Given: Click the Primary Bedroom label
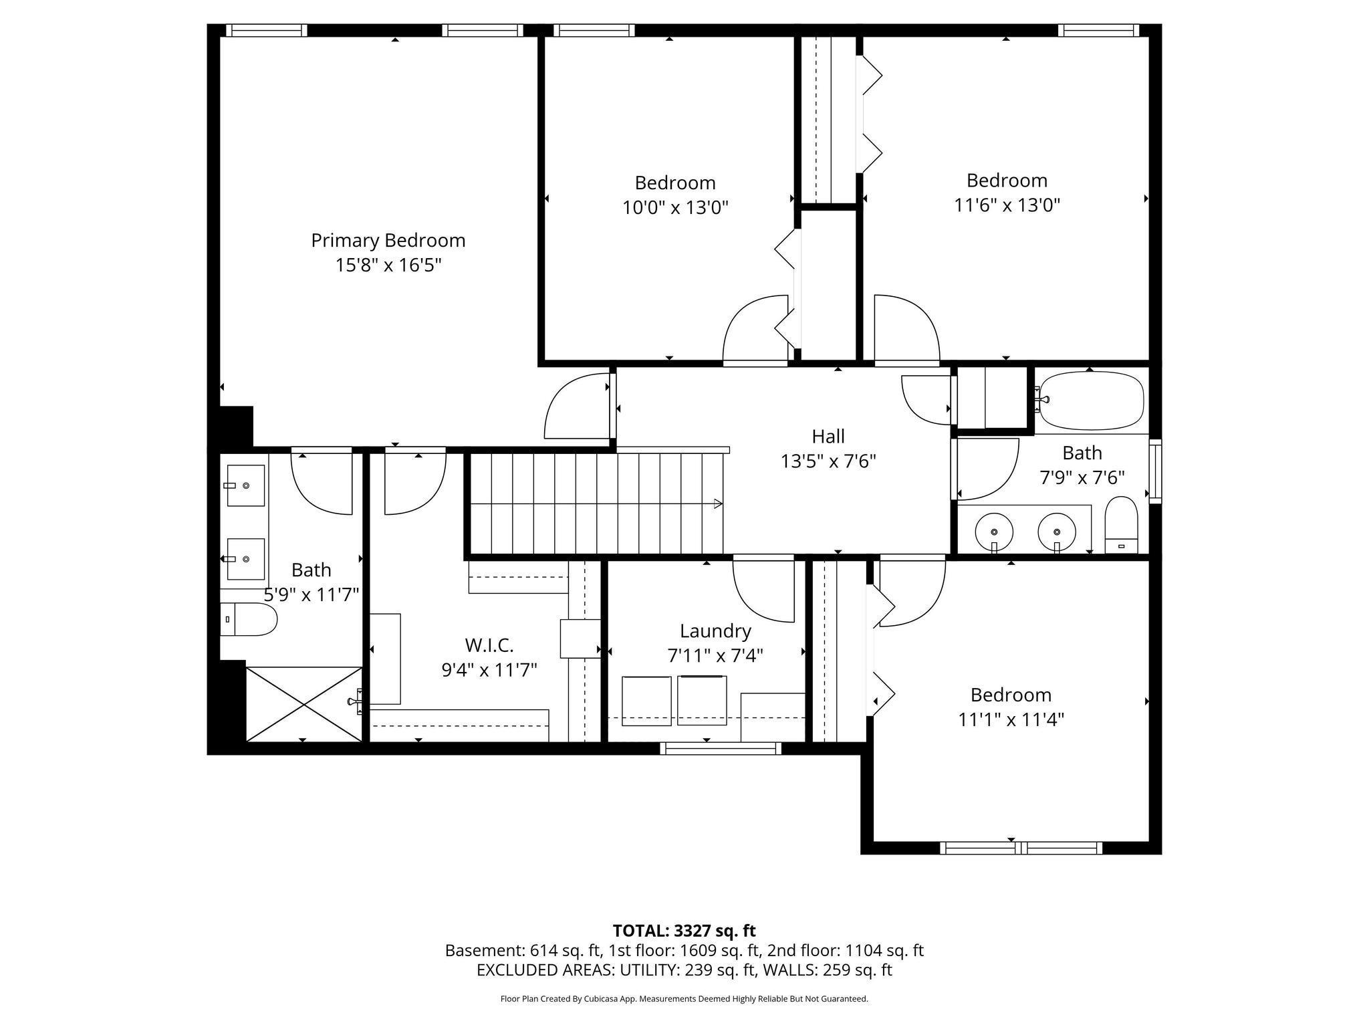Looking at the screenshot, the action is [388, 240].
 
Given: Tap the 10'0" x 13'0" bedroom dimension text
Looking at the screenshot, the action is [675, 207].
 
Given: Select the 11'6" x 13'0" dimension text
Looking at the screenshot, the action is [1007, 205].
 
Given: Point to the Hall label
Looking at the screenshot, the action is [828, 436].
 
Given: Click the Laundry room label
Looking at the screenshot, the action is [715, 631].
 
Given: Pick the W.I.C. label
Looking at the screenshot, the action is [489, 645].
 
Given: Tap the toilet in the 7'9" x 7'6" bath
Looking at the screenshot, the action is [1121, 526].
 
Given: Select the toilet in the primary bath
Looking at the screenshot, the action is [249, 620].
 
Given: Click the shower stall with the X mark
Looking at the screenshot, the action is [304, 704].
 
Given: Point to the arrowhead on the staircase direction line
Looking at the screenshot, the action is [719, 503].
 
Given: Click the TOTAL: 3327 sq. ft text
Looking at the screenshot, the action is [684, 931].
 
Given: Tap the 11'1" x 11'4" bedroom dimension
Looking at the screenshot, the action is [1011, 719].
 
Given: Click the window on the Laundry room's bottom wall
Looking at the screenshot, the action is [721, 748].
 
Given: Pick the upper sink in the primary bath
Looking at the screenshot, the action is [245, 485].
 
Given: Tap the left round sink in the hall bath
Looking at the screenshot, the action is [994, 532].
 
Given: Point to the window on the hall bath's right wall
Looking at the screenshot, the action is [1155, 471].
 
